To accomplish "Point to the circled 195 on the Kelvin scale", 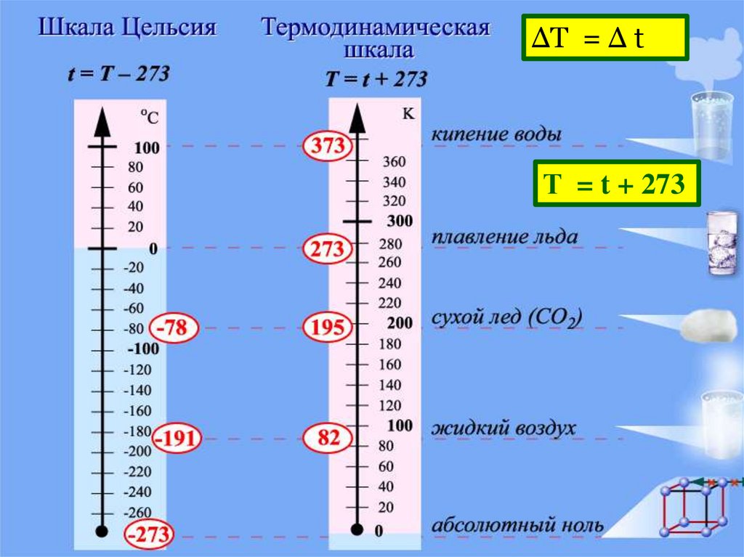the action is (x=328, y=328).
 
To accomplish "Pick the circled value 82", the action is (x=327, y=437).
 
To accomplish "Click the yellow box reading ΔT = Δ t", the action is (x=604, y=39).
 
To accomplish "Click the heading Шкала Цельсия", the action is (x=127, y=29).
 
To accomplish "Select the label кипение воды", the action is (x=496, y=135).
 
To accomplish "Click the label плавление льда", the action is (x=505, y=237).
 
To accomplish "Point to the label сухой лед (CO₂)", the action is (x=507, y=318).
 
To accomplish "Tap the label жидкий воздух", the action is (x=504, y=428).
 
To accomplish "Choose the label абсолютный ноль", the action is (x=517, y=524).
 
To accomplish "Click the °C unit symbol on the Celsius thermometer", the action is (x=149, y=116).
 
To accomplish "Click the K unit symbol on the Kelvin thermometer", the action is (x=408, y=113).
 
